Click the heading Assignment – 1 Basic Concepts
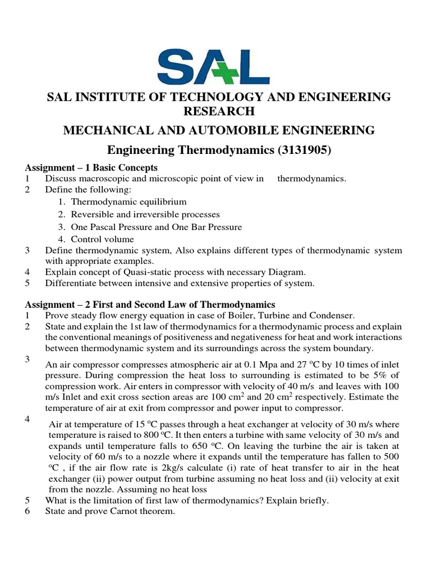(91, 167)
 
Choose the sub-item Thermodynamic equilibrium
(128, 202)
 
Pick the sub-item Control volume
(102, 239)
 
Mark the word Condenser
(327, 315)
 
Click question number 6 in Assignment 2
(27, 511)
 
